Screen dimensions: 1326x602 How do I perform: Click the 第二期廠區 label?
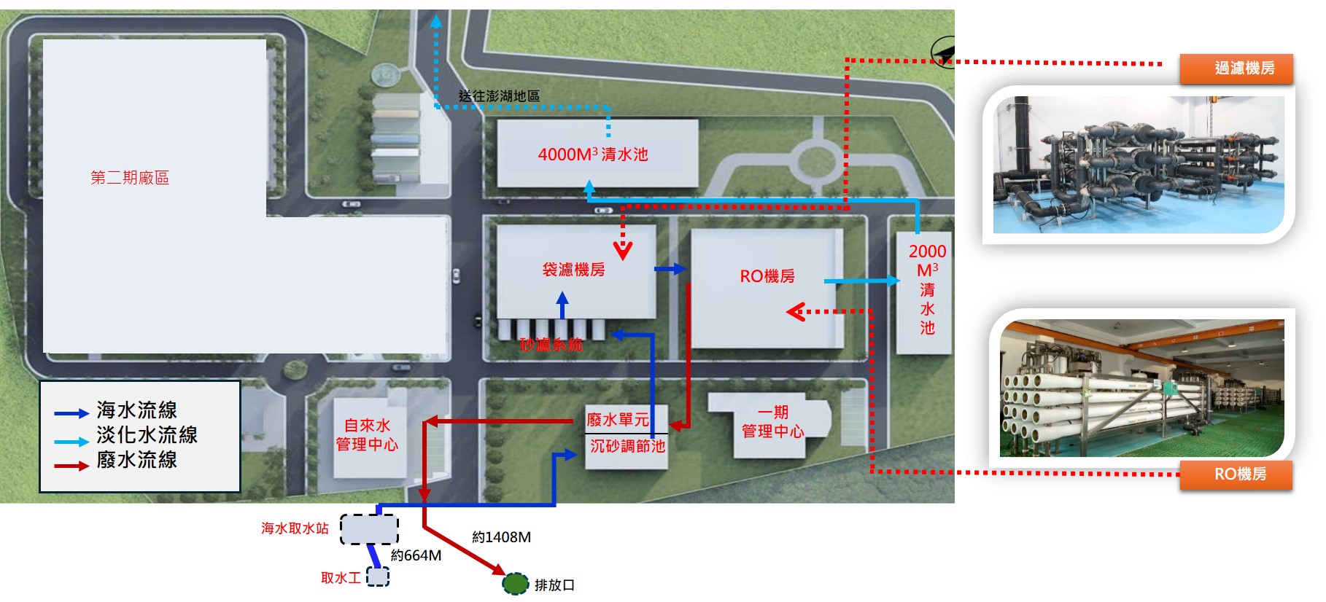130,178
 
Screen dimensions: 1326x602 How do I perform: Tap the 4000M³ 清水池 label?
593,154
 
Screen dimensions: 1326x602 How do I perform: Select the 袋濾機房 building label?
573,270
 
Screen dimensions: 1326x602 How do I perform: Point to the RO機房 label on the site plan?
767,276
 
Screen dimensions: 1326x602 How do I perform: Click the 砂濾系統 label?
551,345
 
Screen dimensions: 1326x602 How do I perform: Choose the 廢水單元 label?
618,420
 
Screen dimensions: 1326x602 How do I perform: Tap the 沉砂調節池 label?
627,445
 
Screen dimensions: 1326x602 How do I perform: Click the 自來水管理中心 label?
367,434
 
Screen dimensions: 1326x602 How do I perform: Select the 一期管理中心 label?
772,422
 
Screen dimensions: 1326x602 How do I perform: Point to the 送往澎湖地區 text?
499,95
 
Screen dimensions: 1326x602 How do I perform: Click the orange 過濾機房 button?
1236,69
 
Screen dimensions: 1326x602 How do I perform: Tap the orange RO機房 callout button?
1236,474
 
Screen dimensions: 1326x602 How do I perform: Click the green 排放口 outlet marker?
515,583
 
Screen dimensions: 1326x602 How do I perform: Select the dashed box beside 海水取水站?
369,529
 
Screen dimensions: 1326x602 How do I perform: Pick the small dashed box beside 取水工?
377,576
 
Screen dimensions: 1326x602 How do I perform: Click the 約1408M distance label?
501,537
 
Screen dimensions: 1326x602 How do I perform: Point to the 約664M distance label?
416,555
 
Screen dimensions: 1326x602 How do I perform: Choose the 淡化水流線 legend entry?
125,435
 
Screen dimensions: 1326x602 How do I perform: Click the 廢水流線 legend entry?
115,460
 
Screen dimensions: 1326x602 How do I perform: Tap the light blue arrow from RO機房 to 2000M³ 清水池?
862,281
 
